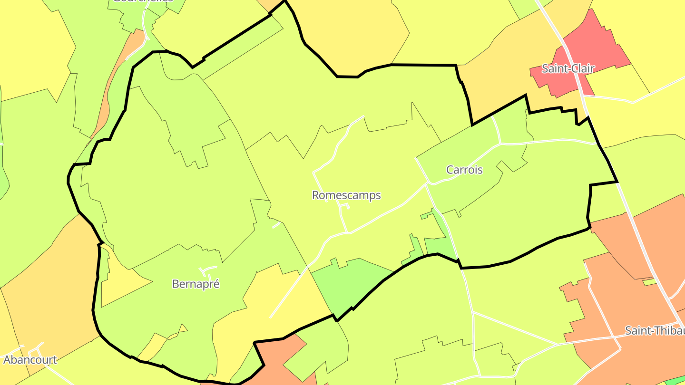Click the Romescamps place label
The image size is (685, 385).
tap(346, 195)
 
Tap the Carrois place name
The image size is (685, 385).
tap(464, 170)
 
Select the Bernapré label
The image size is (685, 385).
tap(196, 284)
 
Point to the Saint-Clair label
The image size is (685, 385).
tap(568, 68)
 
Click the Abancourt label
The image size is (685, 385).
tap(30, 360)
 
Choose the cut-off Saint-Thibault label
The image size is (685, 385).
tap(655, 331)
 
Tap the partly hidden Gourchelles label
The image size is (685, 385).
tap(143, 1)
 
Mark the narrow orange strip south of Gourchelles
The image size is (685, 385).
tap(114, 81)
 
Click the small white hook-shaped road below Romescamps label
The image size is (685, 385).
tap(344, 206)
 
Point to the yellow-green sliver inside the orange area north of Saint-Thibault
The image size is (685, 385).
tap(649, 282)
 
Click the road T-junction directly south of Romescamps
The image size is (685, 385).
tap(347, 232)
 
